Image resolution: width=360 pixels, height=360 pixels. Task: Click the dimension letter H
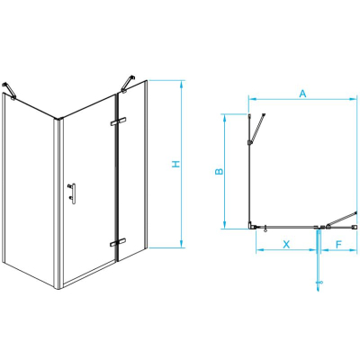click(176, 164)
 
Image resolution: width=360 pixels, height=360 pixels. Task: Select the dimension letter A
click(303, 94)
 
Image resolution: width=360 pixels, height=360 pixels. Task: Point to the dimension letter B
click(220, 171)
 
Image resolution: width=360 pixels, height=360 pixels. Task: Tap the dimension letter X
click(287, 244)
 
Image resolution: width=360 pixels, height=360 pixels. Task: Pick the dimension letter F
click(338, 245)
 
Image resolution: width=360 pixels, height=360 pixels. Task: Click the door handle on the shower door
click(72, 193)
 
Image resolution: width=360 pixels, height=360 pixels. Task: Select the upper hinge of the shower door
click(118, 121)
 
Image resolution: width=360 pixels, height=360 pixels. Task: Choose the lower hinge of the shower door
click(118, 242)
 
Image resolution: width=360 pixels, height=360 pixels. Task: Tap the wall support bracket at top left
click(8, 90)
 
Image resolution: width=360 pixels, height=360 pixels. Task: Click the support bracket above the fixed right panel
click(128, 83)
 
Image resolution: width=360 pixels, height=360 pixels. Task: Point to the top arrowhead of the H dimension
click(181, 84)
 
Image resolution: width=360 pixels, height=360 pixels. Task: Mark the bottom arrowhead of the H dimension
click(181, 244)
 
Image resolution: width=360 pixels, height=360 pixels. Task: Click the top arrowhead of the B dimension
click(224, 118)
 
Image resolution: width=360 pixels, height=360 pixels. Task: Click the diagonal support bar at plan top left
click(256, 129)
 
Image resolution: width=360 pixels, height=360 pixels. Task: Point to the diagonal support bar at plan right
click(342, 219)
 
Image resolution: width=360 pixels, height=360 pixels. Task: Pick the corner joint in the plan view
click(251, 225)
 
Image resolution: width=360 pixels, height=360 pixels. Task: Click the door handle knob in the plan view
click(265, 229)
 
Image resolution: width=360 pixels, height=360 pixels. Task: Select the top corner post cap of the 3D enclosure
click(59, 120)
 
